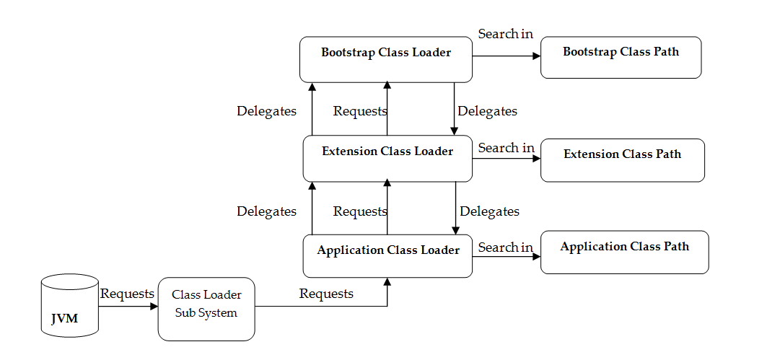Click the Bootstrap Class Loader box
[386, 59]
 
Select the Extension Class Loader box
[387, 158]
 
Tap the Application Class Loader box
[387, 256]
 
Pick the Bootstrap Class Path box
[621, 57]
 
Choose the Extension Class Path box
[622, 160]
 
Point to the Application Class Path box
[624, 252]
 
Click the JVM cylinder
[69, 306]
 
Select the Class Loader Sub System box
[206, 309]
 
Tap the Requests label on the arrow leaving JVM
[127, 294]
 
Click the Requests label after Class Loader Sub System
[326, 294]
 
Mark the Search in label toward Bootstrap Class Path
[506, 34]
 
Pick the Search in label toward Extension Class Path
[506, 148]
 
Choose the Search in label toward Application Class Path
[505, 247]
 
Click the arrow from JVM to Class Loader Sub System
[128, 307]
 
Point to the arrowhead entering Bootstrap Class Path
[536, 57]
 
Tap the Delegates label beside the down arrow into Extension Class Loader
[487, 111]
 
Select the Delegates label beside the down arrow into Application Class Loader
[489, 211]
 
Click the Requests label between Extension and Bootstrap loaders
[359, 111]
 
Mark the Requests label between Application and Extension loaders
[359, 211]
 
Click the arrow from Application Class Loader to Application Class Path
[505, 256]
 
